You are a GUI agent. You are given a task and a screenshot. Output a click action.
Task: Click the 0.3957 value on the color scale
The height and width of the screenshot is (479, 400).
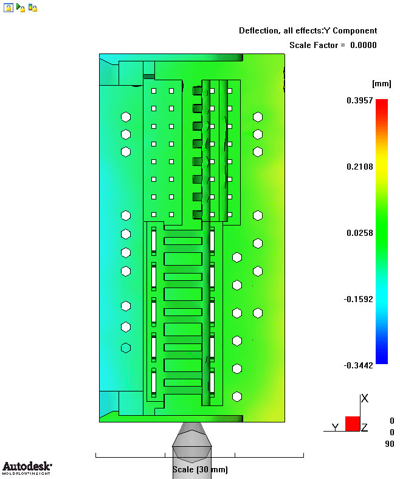tap(359, 100)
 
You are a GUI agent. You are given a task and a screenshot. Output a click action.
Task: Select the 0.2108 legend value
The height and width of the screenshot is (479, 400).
tap(359, 167)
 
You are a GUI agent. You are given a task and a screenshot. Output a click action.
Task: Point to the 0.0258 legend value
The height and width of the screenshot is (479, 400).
tap(359, 233)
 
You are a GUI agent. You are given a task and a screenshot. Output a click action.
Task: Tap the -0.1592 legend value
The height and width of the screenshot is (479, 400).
tap(358, 299)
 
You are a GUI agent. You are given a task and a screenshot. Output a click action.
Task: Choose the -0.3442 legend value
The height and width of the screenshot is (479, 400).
tap(358, 365)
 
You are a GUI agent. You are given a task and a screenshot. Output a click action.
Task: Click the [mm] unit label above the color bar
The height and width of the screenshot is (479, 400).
tap(382, 84)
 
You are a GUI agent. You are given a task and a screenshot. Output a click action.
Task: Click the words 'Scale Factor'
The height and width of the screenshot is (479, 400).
tap(314, 45)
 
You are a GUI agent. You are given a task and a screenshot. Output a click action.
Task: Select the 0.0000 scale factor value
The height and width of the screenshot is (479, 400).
tap(364, 45)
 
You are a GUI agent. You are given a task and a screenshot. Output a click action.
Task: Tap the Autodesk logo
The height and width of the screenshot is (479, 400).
tap(27, 468)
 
